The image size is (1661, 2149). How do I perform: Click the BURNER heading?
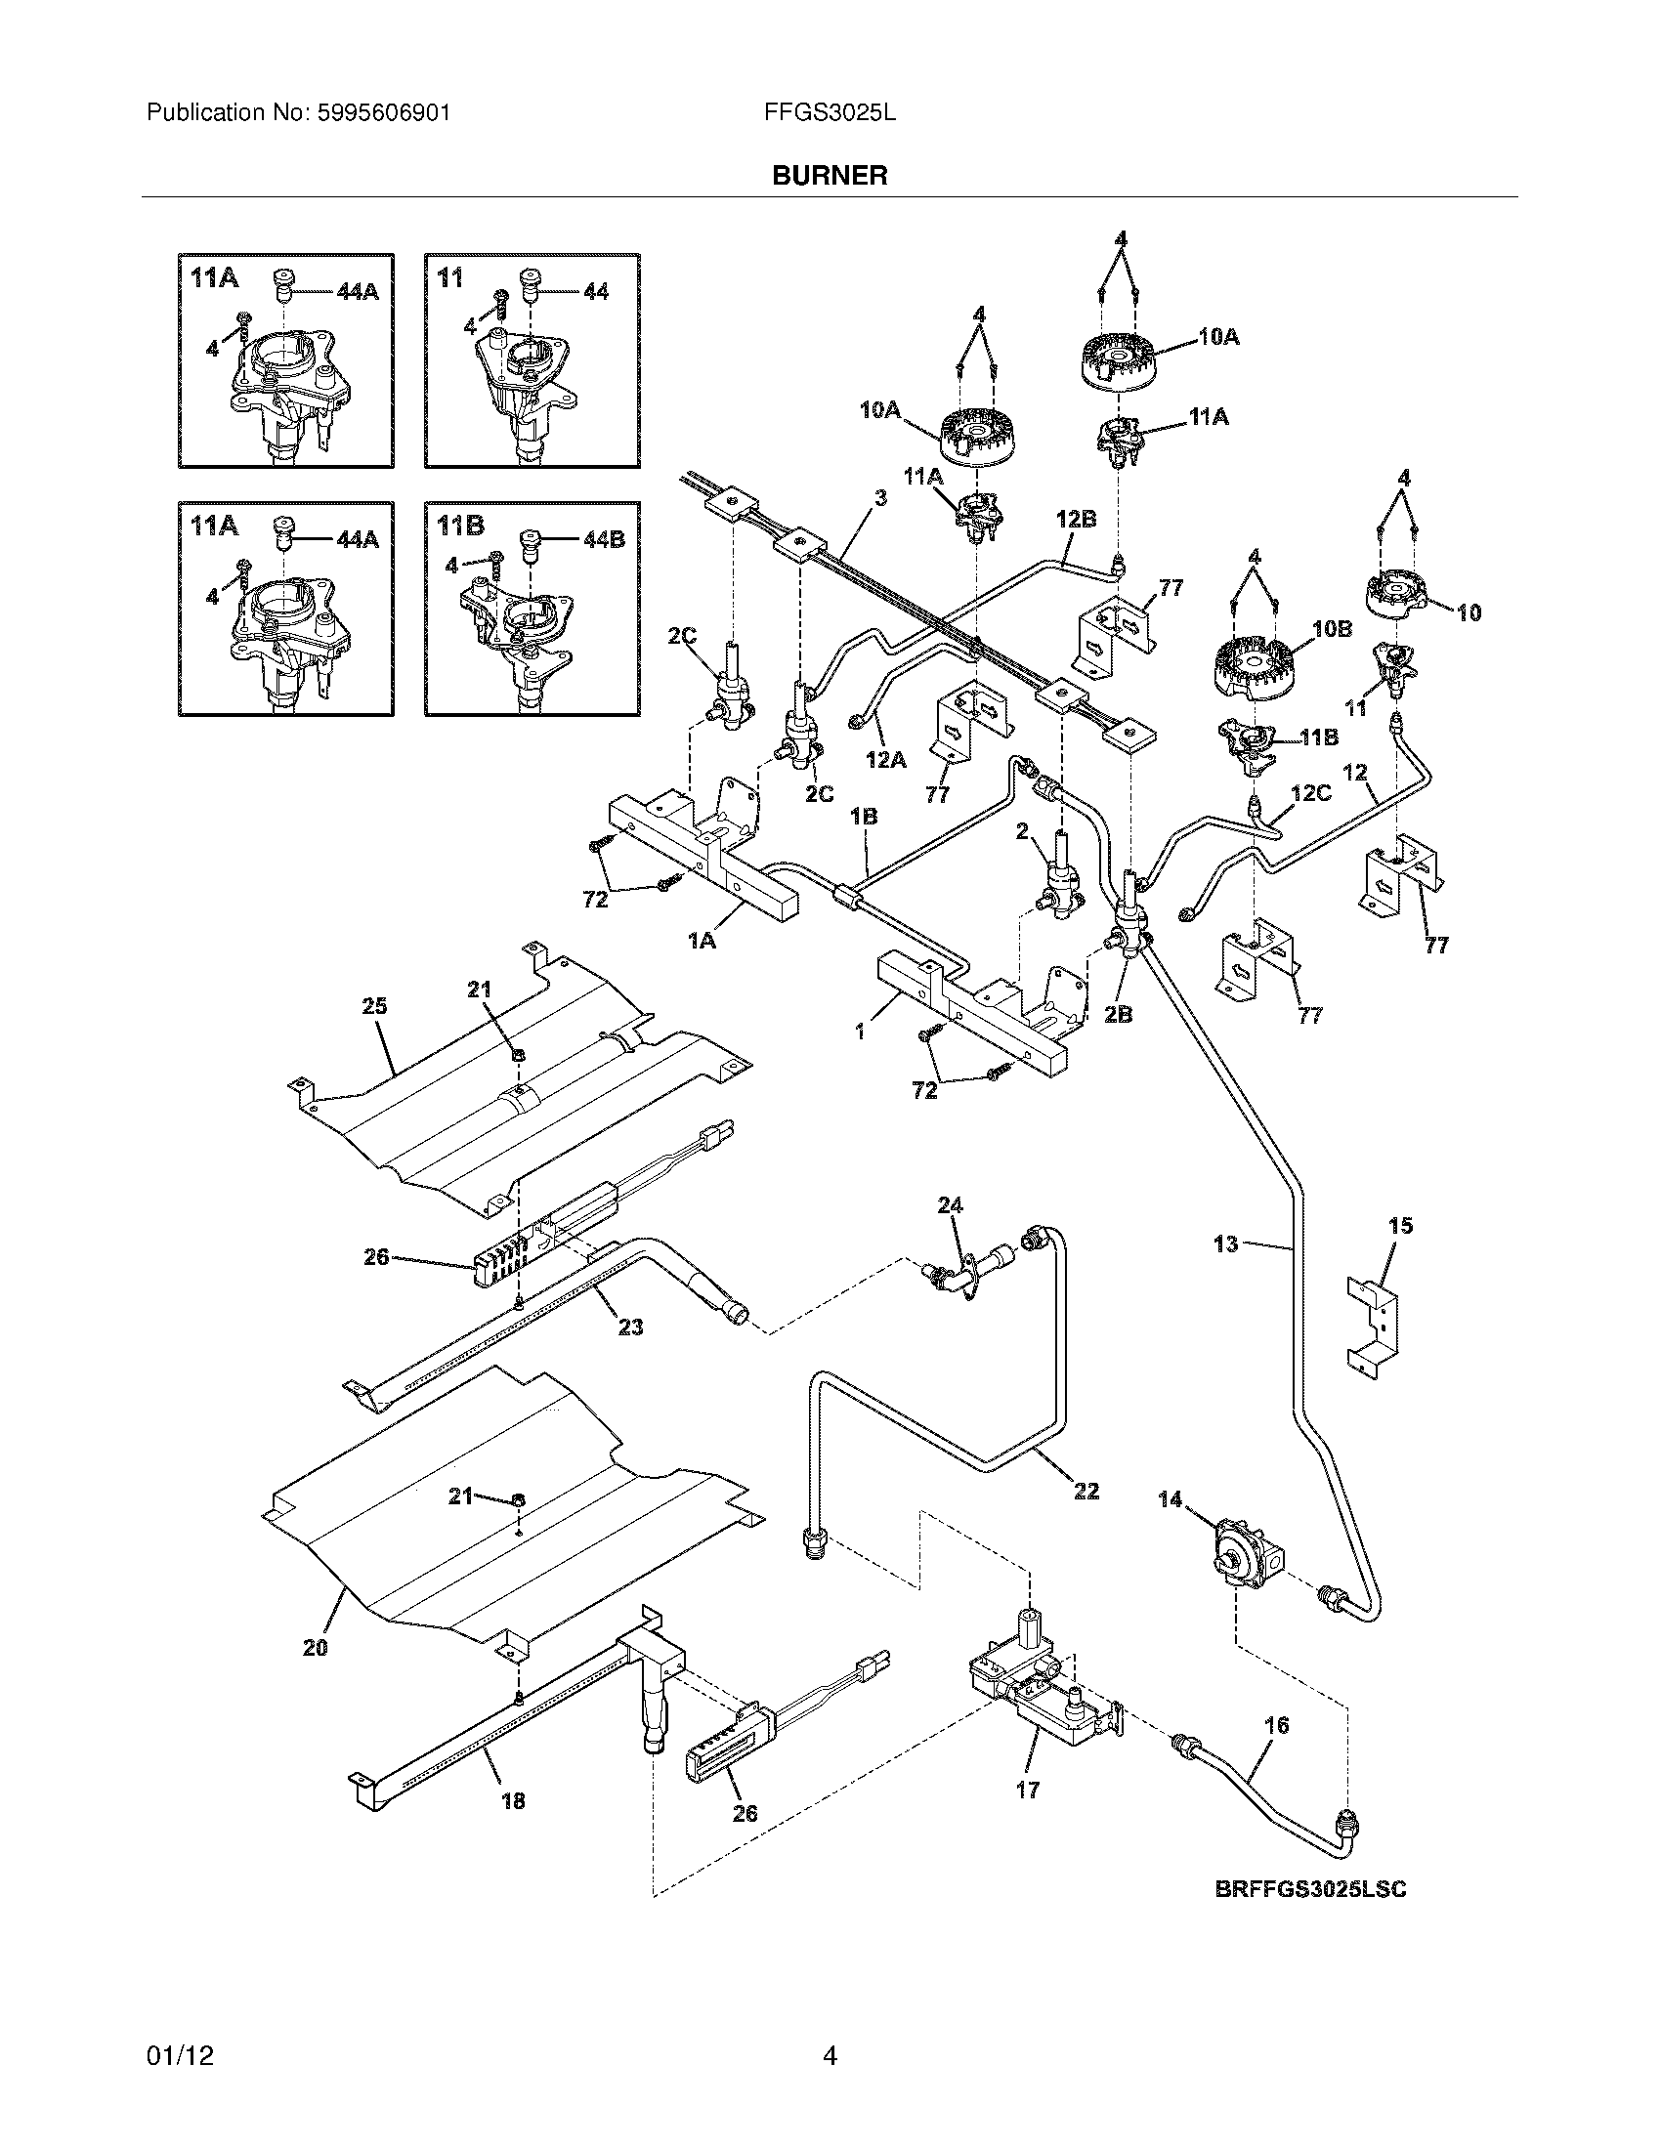pyautogui.click(x=830, y=176)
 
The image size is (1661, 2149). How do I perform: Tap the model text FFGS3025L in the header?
pyautogui.click(x=830, y=113)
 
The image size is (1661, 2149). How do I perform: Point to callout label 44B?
pyautogui.click(x=603, y=540)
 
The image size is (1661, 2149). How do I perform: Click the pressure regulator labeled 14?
pyautogui.click(x=1245, y=1562)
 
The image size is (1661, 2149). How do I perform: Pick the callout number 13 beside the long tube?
pyautogui.click(x=1226, y=1244)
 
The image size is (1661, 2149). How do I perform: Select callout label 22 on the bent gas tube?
pyautogui.click(x=1086, y=1491)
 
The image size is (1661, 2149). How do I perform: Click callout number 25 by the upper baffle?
pyautogui.click(x=374, y=1005)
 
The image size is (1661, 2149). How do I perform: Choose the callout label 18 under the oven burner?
pyautogui.click(x=513, y=1800)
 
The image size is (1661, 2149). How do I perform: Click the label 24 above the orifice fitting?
pyautogui.click(x=950, y=1204)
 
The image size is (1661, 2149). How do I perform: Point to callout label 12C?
pyautogui.click(x=1310, y=792)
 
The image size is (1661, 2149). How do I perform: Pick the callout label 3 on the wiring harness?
pyautogui.click(x=880, y=498)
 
